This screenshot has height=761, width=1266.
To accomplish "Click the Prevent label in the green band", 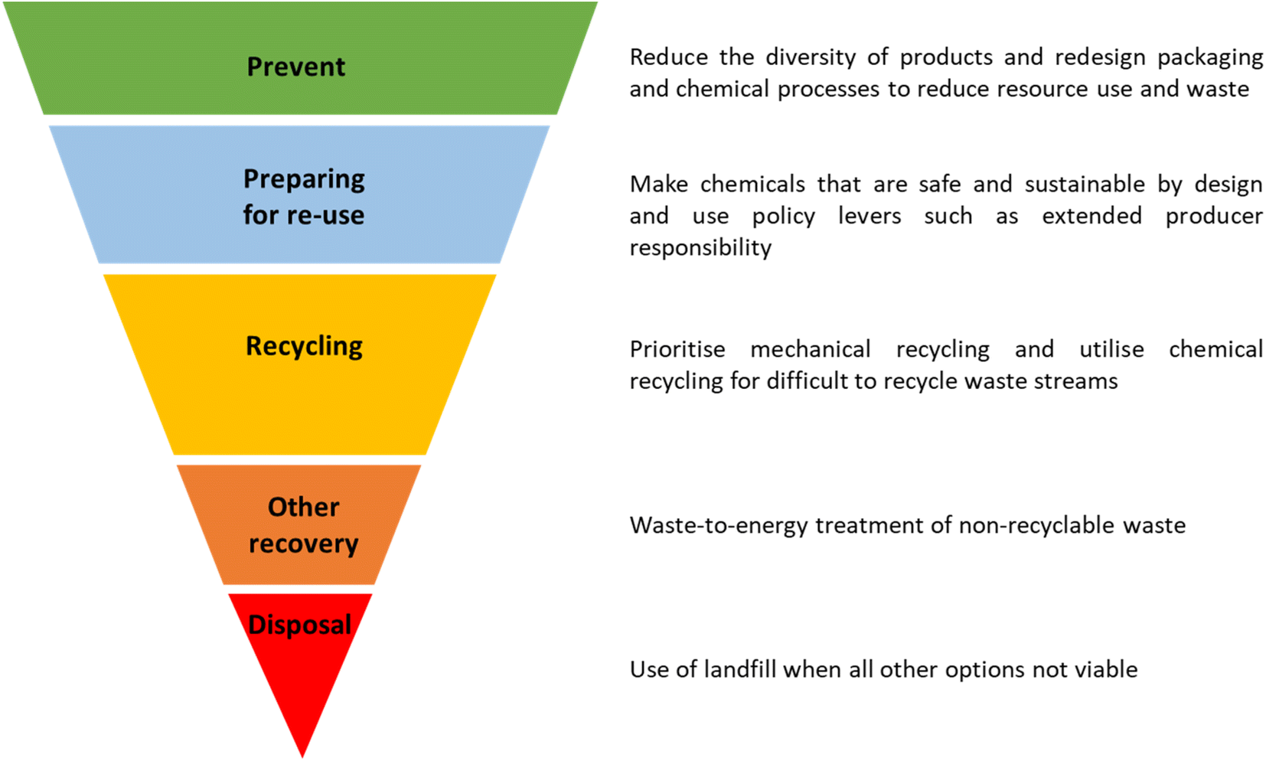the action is [295, 67].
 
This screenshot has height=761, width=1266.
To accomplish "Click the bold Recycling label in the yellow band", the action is [304, 347].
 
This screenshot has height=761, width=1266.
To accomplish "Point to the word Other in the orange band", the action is [304, 507].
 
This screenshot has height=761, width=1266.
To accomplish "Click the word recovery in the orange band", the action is [304, 544].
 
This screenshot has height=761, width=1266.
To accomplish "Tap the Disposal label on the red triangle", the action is [300, 625].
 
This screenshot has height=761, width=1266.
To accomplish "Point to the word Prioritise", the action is [677, 349].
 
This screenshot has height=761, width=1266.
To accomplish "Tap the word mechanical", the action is [811, 349].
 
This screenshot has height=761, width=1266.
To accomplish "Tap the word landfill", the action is [740, 669].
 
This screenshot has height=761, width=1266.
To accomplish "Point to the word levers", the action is [870, 217].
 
